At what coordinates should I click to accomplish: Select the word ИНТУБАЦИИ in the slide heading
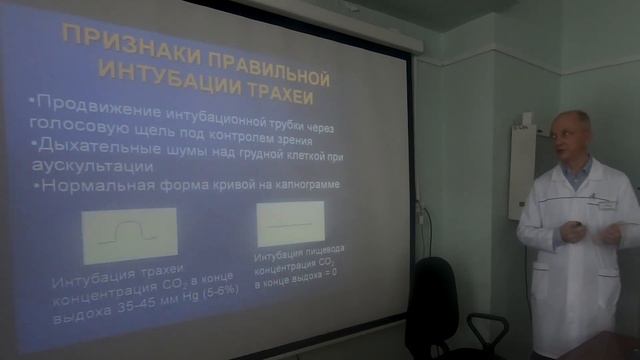tap(162, 72)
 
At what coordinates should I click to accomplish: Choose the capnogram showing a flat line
tap(290, 224)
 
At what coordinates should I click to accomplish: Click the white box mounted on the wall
tap(521, 170)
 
